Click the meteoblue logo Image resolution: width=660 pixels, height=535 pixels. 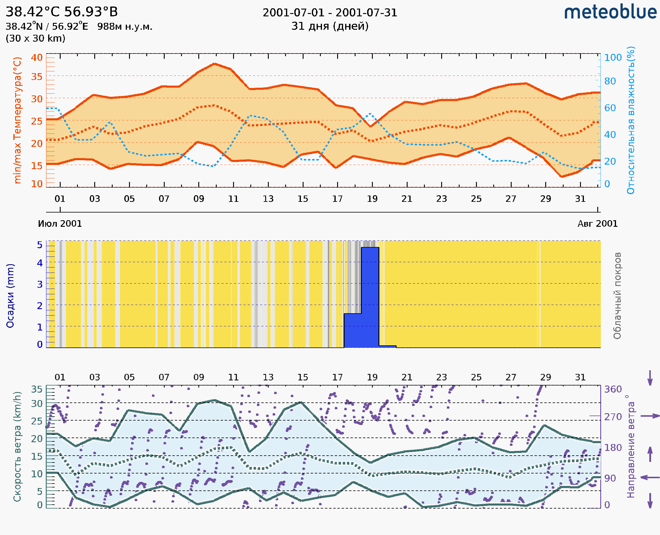pyautogui.click(x=610, y=12)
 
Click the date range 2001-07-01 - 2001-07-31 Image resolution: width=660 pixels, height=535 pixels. pyautogui.click(x=330, y=13)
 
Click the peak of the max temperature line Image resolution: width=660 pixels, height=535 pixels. pyautogui.click(x=215, y=64)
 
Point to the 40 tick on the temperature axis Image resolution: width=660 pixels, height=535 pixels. pyautogui.click(x=37, y=58)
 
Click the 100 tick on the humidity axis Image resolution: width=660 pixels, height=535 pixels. pyautogui.click(x=613, y=58)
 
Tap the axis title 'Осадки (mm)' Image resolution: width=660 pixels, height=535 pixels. pyautogui.click(x=10, y=296)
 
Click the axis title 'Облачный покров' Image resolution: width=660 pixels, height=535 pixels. pyautogui.click(x=617, y=296)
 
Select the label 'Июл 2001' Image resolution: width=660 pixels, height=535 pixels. pyautogui.click(x=60, y=224)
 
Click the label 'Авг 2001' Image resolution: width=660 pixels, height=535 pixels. pyautogui.click(x=598, y=224)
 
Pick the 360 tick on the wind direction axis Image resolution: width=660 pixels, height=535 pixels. pyautogui.click(x=613, y=389)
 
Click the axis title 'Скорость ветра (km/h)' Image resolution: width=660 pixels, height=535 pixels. pyautogui.click(x=17, y=446)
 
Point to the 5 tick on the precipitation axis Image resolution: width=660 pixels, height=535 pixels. pyautogui.click(x=40, y=245)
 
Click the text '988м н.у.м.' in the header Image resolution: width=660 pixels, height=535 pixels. pyautogui.click(x=125, y=27)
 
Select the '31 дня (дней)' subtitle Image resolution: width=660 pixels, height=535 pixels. pyautogui.click(x=330, y=26)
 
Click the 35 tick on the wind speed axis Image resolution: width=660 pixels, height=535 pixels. pyautogui.click(x=37, y=389)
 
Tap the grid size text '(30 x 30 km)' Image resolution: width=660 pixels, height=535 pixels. pyautogui.click(x=35, y=39)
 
